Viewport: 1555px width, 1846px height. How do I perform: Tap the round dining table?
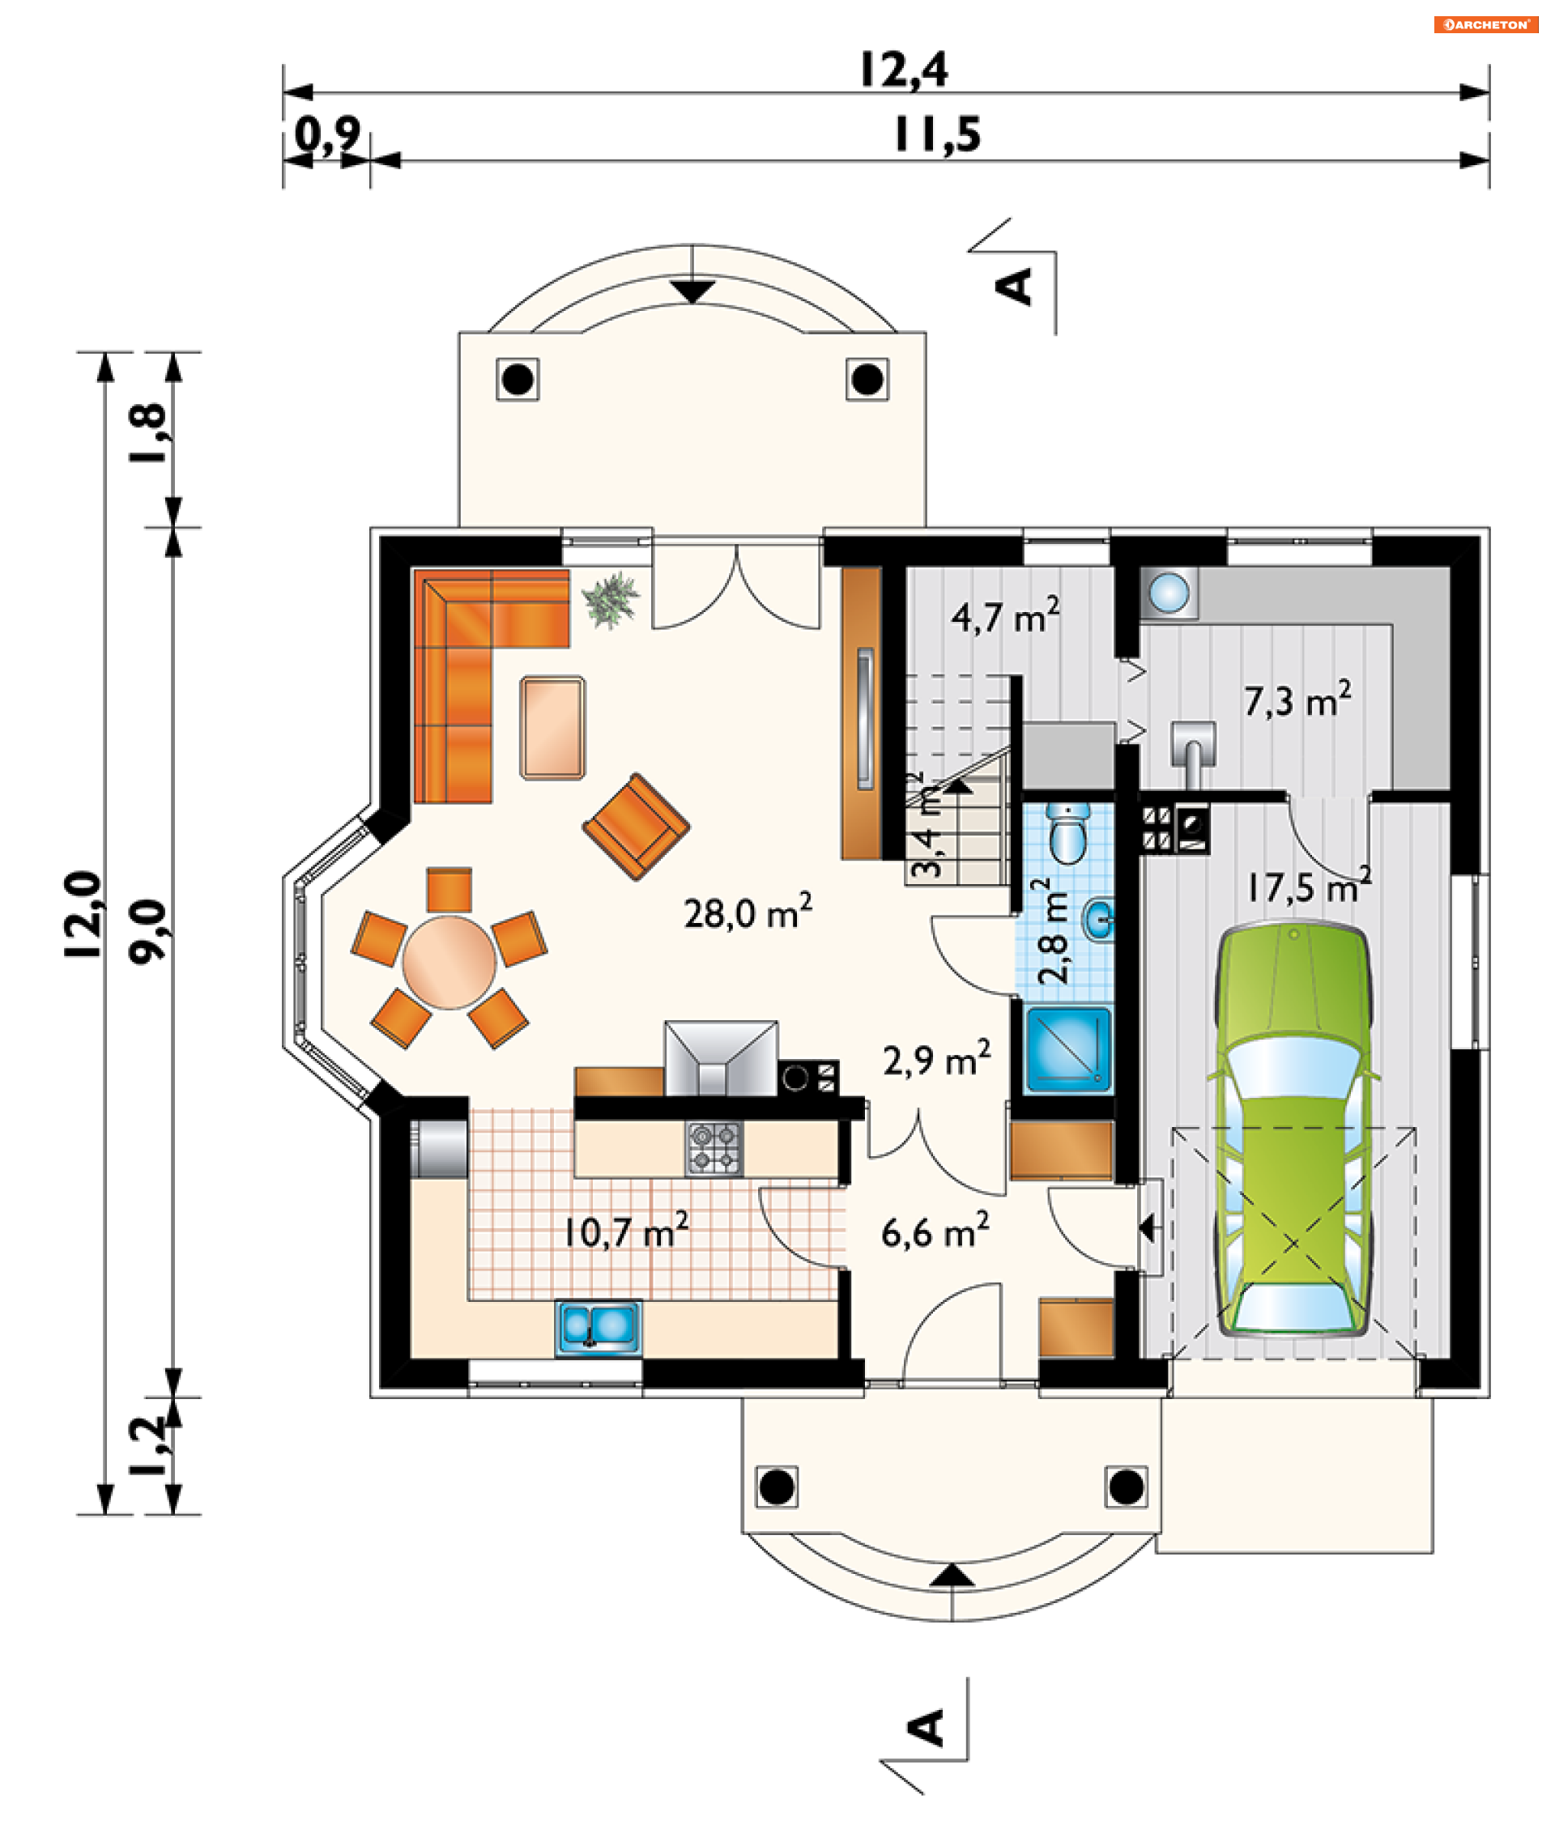(449, 962)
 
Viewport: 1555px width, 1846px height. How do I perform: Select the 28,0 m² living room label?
(748, 912)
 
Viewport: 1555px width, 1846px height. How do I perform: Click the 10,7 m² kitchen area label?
(626, 1230)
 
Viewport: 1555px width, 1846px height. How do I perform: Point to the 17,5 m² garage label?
(1310, 886)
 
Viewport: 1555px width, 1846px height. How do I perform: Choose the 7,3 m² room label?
(1297, 700)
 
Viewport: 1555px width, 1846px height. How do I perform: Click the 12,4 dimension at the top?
(904, 70)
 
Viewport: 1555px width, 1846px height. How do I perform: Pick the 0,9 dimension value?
(327, 136)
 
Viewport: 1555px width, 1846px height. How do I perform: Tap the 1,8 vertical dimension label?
(147, 432)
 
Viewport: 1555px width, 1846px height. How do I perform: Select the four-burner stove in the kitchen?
(714, 1149)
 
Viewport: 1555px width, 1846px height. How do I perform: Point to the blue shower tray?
(1068, 1050)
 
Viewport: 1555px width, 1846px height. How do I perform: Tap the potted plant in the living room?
(610, 600)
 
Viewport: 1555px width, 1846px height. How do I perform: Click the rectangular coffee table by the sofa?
(552, 728)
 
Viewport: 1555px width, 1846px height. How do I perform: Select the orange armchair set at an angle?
(637, 827)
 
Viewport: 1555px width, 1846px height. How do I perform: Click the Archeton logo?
(1485, 24)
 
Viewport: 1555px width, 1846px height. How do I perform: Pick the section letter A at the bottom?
(927, 1728)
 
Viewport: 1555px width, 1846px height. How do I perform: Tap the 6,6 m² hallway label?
(935, 1230)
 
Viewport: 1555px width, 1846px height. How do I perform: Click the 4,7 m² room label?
(1005, 616)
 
